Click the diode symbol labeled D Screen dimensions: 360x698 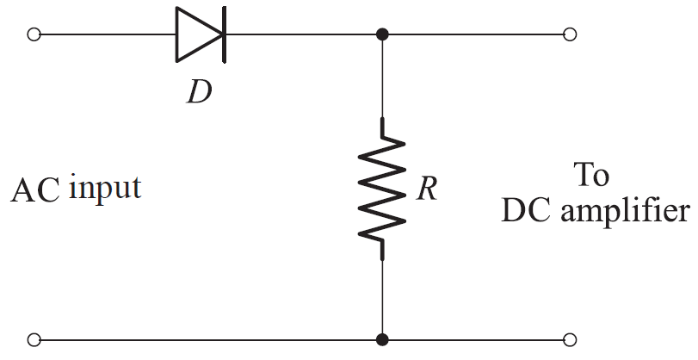[x=200, y=35]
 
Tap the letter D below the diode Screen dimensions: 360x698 [x=200, y=90]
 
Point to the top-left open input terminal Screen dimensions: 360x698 [x=34, y=35]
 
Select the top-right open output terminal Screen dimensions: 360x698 [x=569, y=35]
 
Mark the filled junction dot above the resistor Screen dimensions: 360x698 [x=382, y=35]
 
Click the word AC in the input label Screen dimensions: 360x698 [x=34, y=190]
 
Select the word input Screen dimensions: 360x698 [x=104, y=189]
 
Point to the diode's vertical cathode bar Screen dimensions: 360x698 [x=224, y=35]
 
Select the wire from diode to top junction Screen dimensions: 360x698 [x=301, y=35]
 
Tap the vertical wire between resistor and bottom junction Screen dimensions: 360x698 [x=382, y=297]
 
